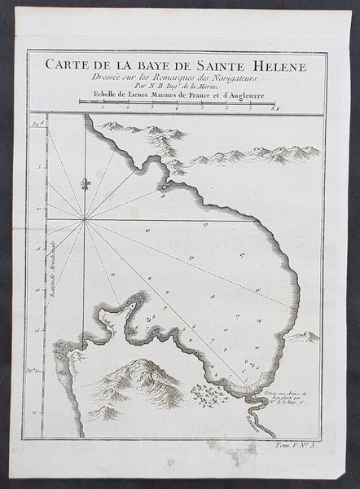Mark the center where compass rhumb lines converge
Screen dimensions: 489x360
[x=85, y=220]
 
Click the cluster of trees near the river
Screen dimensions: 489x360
[x=209, y=396]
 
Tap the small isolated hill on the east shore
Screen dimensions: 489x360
[x=303, y=337]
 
